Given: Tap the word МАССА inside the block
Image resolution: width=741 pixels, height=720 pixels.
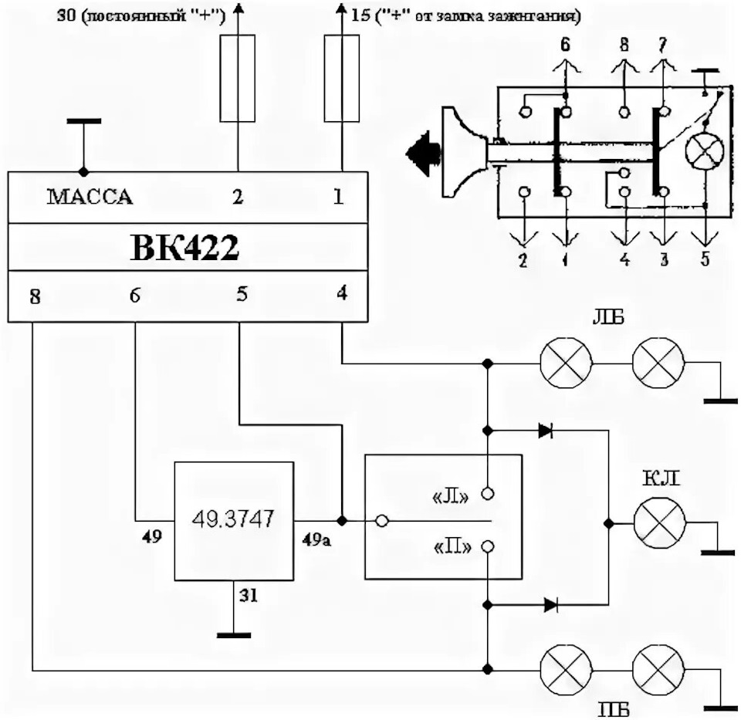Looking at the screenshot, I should point(90,198).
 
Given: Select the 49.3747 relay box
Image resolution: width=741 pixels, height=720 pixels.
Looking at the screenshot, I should point(234,521).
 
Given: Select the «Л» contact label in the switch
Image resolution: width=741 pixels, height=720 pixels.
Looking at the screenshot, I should point(453,495).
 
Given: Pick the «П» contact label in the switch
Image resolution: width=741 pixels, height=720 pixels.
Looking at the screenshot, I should point(453,547).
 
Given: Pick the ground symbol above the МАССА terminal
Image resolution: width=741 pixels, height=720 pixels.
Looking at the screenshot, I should point(83,122).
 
